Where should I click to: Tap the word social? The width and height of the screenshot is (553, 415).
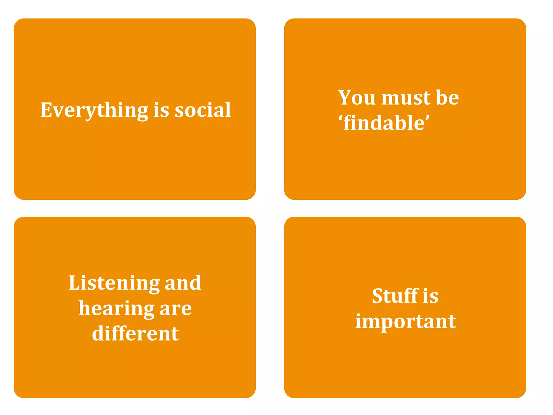[203, 110]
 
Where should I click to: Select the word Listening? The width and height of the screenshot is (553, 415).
[114, 283]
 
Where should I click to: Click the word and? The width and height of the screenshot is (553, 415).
[183, 283]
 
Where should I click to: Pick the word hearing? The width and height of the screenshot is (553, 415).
[116, 309]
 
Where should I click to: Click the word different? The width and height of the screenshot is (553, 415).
[135, 333]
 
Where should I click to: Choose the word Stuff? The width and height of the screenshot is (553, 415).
[395, 296]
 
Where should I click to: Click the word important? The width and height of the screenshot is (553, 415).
[405, 322]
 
